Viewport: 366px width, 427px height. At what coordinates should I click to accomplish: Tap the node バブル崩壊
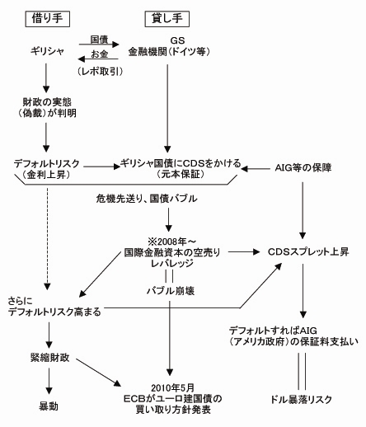tap(171, 292)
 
